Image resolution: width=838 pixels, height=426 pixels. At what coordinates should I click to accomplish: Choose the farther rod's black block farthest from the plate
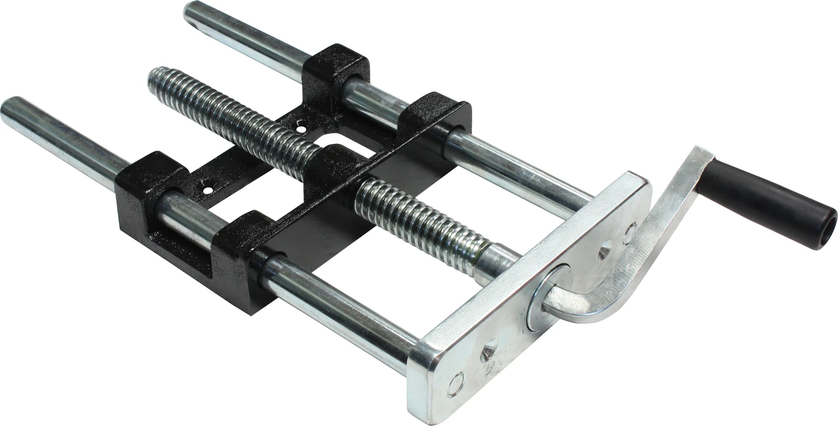[x=335, y=67]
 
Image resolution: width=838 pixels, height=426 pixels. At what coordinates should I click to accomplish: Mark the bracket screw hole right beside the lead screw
[x=301, y=129]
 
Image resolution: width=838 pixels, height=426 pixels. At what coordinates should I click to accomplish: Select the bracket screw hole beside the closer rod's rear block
[x=208, y=190]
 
